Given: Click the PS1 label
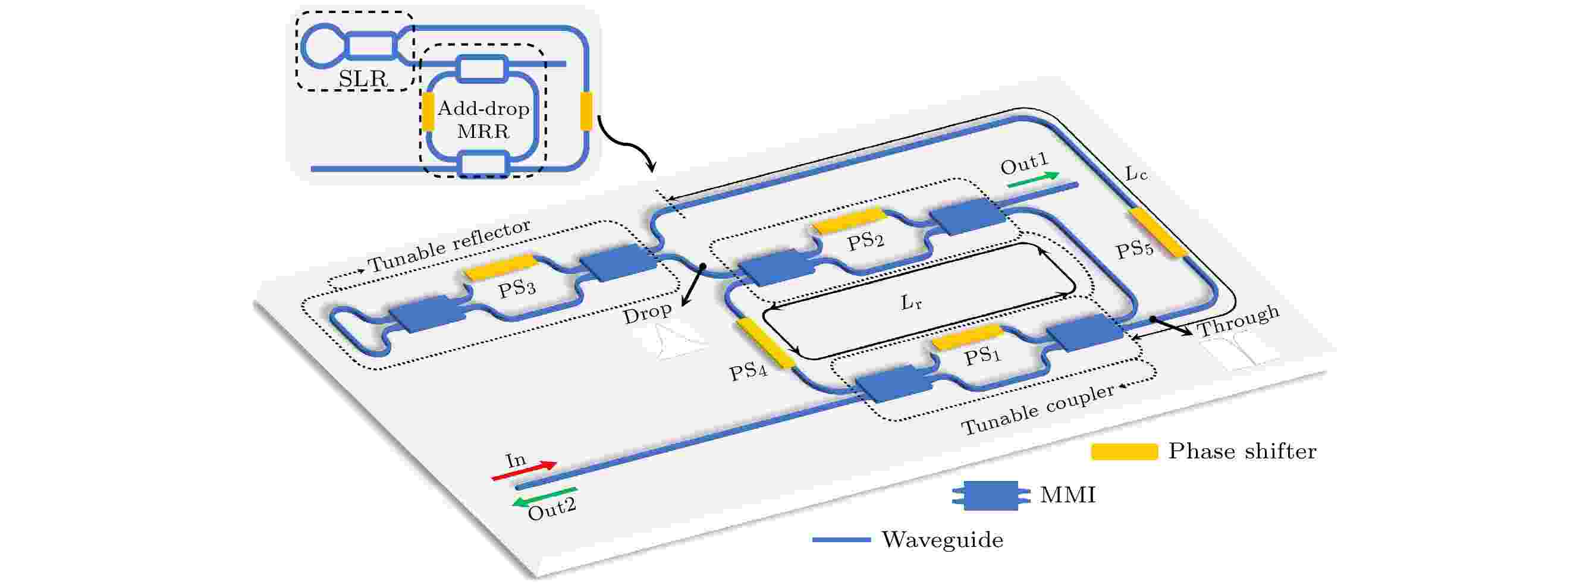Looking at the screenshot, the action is (x=982, y=356).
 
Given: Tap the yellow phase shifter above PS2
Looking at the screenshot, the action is (x=848, y=220).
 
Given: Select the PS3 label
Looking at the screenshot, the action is (x=517, y=288).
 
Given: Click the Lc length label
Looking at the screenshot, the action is (x=1136, y=173).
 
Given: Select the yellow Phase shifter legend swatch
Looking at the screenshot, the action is (x=1124, y=452).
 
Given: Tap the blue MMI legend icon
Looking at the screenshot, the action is (x=991, y=495).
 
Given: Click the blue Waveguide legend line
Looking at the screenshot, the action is (x=841, y=540).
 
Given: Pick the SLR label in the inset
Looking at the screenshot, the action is (x=363, y=78).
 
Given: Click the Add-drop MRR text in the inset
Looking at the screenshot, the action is (x=483, y=120).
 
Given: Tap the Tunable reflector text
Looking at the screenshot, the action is (x=450, y=246).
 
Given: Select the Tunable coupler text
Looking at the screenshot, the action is (x=1038, y=408).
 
